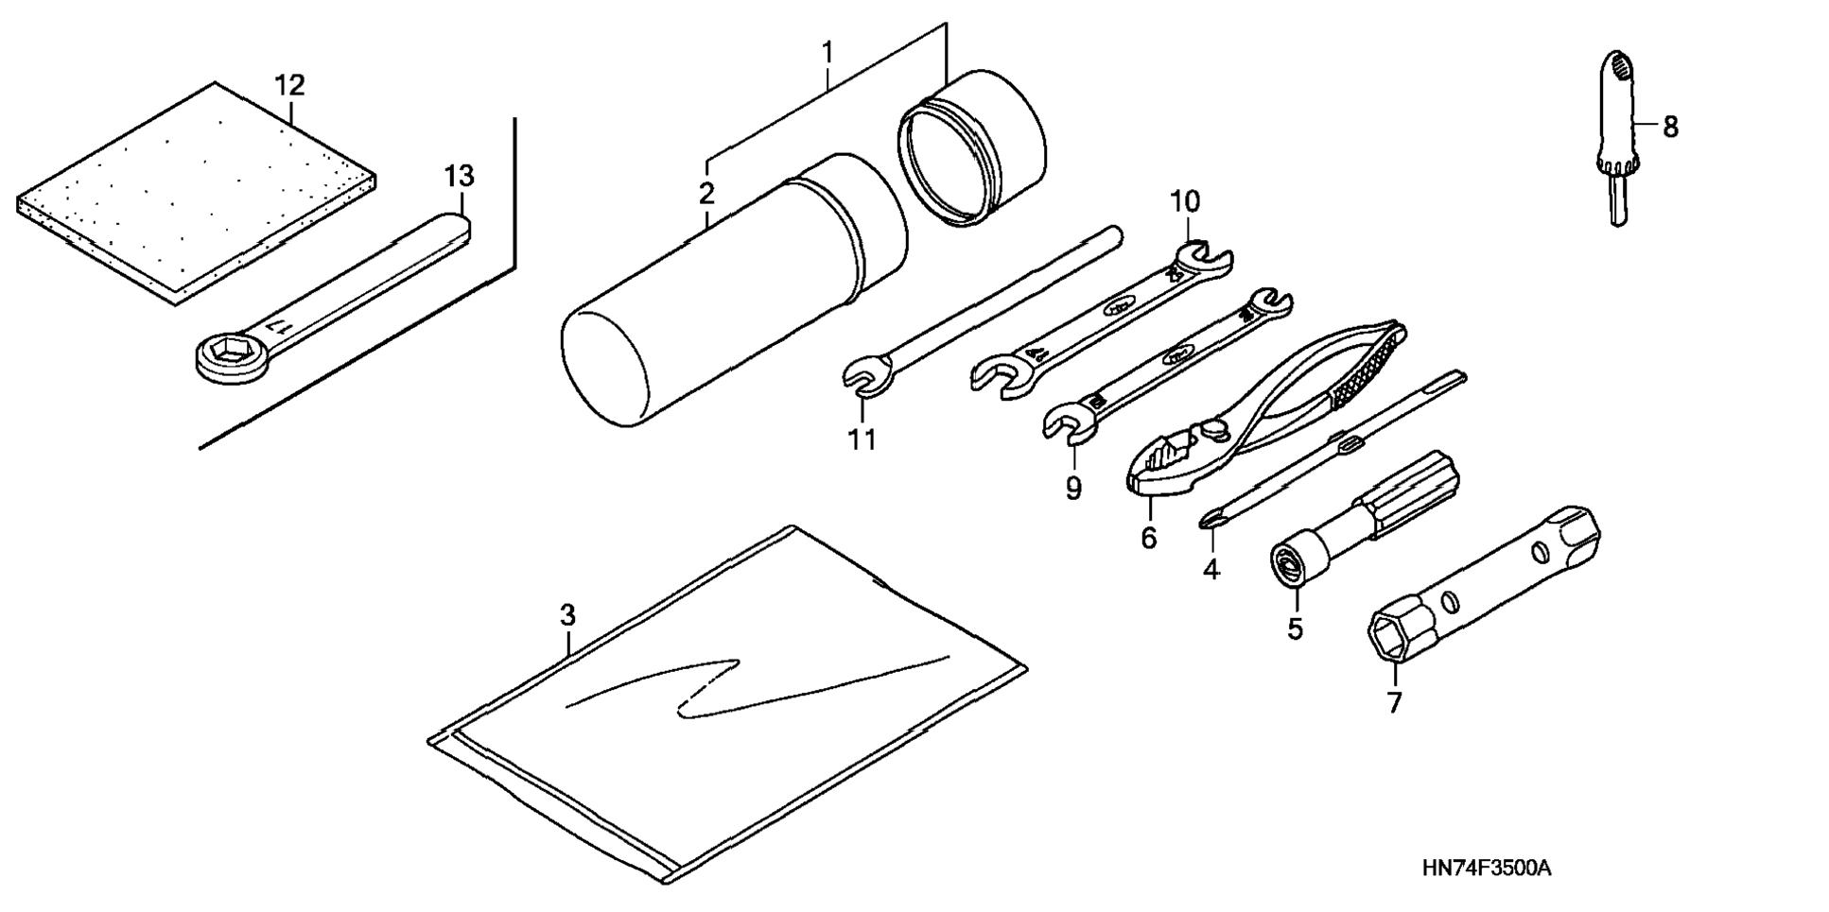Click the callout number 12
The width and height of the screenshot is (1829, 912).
(x=289, y=86)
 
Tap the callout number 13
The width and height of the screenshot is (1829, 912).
(x=459, y=176)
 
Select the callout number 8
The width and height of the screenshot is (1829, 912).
(x=1670, y=127)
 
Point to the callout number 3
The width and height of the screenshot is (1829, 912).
(x=566, y=615)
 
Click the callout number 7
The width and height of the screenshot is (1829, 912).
(x=1394, y=702)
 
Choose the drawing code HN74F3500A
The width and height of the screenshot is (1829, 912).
(x=1487, y=869)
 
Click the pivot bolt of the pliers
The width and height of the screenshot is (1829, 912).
(x=1214, y=431)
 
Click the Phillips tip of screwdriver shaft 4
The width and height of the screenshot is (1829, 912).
(x=1211, y=519)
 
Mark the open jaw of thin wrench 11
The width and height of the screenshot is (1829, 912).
(x=865, y=377)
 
